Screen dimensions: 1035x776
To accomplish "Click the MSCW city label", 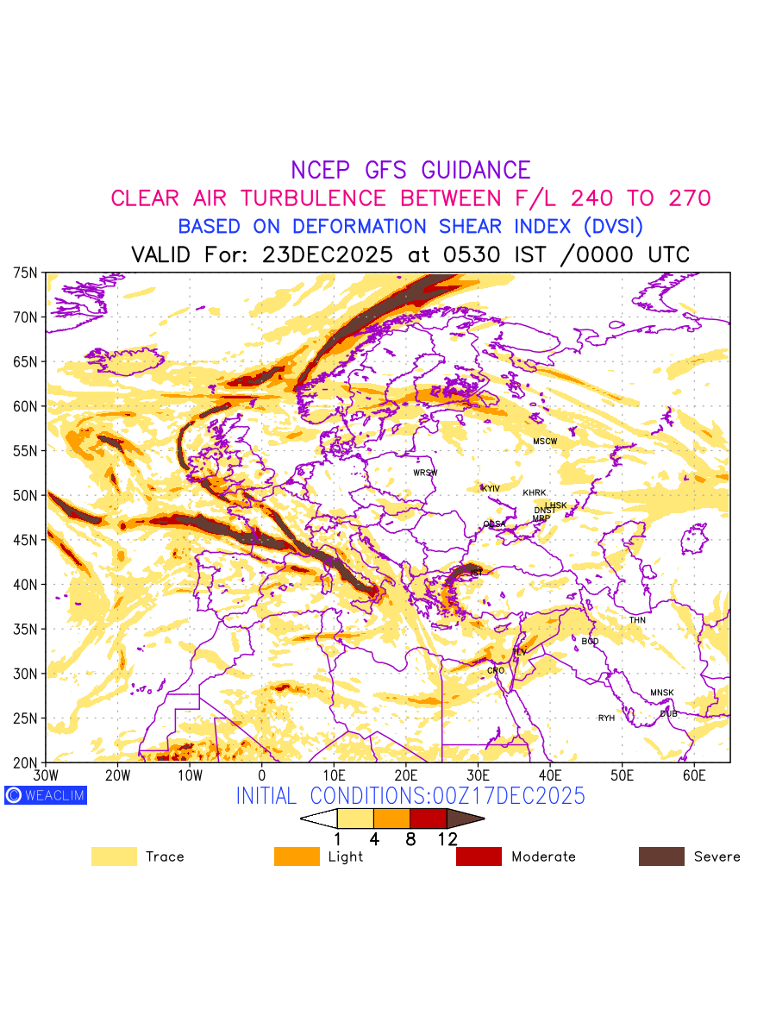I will point(545,442).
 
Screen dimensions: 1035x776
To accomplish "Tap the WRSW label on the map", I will point(425,473).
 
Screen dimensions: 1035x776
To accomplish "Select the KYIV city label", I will point(491,489).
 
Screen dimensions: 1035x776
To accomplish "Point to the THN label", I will point(637,620).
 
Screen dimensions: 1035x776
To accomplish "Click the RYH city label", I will point(607,718).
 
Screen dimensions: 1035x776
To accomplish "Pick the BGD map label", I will point(590,642).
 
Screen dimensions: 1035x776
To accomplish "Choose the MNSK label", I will point(662,693).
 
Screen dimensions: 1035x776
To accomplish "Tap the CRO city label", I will point(496,670).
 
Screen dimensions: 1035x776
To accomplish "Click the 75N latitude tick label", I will point(26,273).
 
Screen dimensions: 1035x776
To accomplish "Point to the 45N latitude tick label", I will point(26,540).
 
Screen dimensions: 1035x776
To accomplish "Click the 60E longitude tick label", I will point(694,776).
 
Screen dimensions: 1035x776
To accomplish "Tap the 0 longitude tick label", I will point(261,776).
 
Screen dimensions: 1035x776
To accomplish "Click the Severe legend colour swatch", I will point(661,856).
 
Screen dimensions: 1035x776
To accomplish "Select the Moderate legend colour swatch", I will point(479,856).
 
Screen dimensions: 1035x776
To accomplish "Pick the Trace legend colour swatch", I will point(114,856).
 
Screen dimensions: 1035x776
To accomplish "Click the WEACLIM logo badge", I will point(45,795).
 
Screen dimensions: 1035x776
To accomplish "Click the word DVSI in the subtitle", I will point(612,227).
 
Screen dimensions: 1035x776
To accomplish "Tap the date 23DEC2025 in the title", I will point(327,255).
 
